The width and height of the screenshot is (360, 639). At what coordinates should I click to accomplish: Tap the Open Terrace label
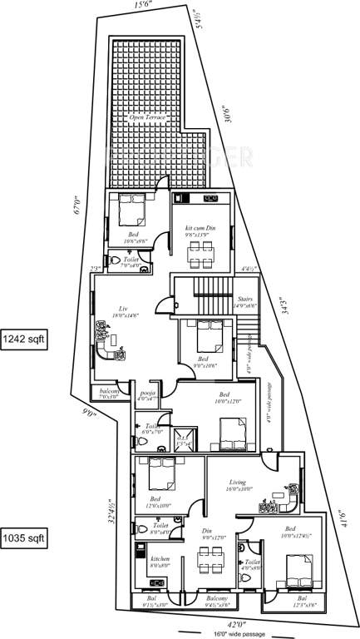point(148,119)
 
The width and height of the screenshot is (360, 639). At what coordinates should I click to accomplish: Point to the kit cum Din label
point(200,227)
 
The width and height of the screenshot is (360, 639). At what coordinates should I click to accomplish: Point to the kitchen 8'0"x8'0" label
point(160,560)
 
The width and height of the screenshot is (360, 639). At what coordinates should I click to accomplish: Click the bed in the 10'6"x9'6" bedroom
point(130,211)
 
